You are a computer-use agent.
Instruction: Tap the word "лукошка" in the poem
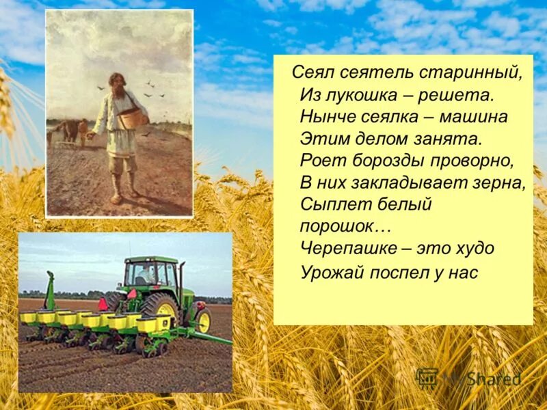click(355, 95)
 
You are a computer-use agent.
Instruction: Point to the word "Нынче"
click(325, 117)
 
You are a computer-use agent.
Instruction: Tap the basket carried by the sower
click(133, 118)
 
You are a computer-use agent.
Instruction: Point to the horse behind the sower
click(67, 130)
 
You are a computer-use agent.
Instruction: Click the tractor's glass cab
click(151, 275)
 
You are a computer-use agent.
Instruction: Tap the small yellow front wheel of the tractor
click(203, 321)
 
